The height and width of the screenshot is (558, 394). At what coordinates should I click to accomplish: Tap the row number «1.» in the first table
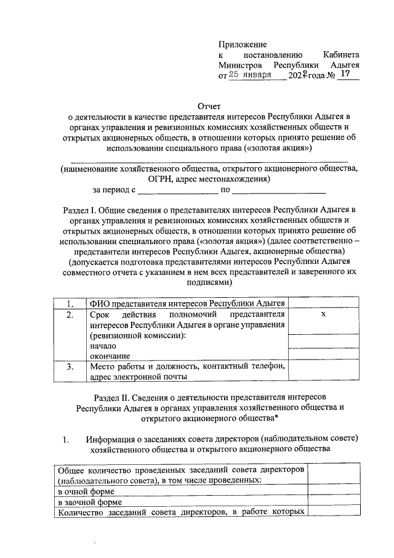pos(71,303)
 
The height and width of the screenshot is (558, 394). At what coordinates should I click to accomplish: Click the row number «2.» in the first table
pos(71,314)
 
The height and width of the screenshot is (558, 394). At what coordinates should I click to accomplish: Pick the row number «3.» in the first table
pos(71,367)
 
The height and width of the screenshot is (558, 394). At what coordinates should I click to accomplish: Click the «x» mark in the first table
pos(323,314)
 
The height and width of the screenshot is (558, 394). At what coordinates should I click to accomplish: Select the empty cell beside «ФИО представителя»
pos(323,303)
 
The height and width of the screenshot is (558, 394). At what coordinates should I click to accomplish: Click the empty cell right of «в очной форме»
pos(332,491)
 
